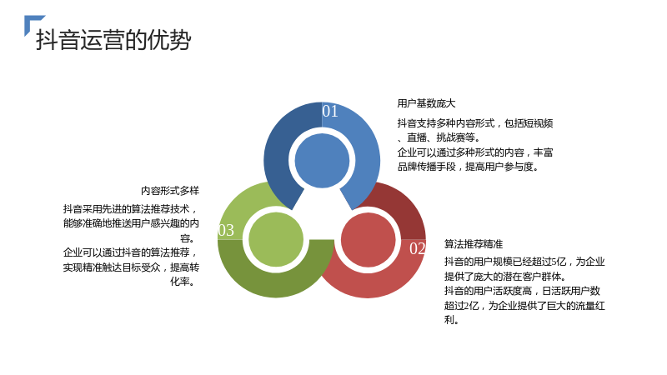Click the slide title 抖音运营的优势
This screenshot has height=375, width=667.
pyautogui.click(x=113, y=40)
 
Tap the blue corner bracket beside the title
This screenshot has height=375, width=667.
pyautogui.click(x=31, y=22)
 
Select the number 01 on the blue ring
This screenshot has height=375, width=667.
pyautogui.click(x=330, y=111)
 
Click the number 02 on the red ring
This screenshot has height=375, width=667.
pyautogui.click(x=418, y=248)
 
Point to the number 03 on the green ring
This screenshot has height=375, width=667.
pyautogui.click(x=226, y=230)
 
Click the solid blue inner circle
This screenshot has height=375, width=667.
pyautogui.click(x=322, y=161)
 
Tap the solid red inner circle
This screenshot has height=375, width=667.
pyautogui.click(x=369, y=240)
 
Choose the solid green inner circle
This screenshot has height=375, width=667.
pyautogui.click(x=276, y=240)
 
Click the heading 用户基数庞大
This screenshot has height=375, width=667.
pyautogui.click(x=426, y=103)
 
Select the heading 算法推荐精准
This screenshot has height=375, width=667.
pyautogui.click(x=474, y=244)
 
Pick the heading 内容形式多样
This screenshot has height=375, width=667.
pyautogui.click(x=170, y=191)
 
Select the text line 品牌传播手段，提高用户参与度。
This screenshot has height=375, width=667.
pyautogui.click(x=469, y=167)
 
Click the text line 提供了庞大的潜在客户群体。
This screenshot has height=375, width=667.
pyautogui.click(x=506, y=277)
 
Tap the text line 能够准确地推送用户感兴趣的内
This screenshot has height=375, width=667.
pyautogui.click(x=131, y=223)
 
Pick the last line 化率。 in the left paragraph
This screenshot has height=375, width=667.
pyautogui.click(x=183, y=282)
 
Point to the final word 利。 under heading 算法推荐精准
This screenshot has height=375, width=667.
pyautogui.click(x=452, y=320)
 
